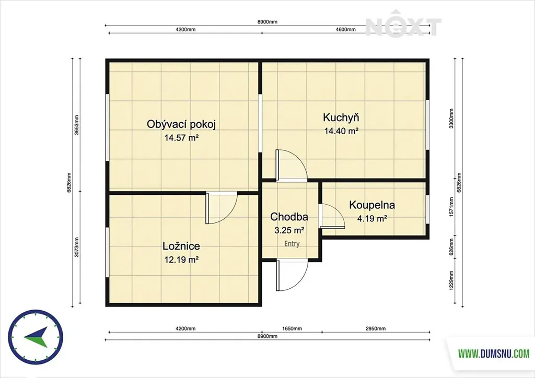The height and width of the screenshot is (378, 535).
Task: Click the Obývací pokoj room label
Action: click(181, 124)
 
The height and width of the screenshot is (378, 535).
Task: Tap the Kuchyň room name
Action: click(341, 117)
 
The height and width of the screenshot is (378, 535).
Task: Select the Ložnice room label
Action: click(181, 246)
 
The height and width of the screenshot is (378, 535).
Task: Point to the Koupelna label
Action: click(372, 205)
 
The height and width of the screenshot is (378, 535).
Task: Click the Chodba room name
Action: click(289, 217)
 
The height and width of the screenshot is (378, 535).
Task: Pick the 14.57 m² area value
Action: click(181, 138)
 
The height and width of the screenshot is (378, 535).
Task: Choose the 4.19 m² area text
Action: click(372, 218)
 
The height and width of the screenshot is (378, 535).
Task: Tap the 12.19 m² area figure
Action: click(181, 259)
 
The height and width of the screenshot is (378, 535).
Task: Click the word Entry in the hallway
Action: click(292, 244)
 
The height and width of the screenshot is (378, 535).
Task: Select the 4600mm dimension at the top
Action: click(345, 29)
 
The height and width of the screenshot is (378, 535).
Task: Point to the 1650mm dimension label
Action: click(292, 328)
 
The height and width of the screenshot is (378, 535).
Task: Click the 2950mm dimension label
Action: click(375, 328)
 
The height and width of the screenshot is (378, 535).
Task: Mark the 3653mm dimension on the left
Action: click(77, 125)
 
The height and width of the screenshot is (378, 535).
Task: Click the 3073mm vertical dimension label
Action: click(77, 247)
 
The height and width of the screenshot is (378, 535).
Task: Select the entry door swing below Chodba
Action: click(292, 275)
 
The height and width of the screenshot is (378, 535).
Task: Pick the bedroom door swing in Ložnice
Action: click(221, 208)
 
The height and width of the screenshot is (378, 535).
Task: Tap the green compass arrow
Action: click(36, 337)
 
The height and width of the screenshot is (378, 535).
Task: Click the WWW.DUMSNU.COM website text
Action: click(493, 353)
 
